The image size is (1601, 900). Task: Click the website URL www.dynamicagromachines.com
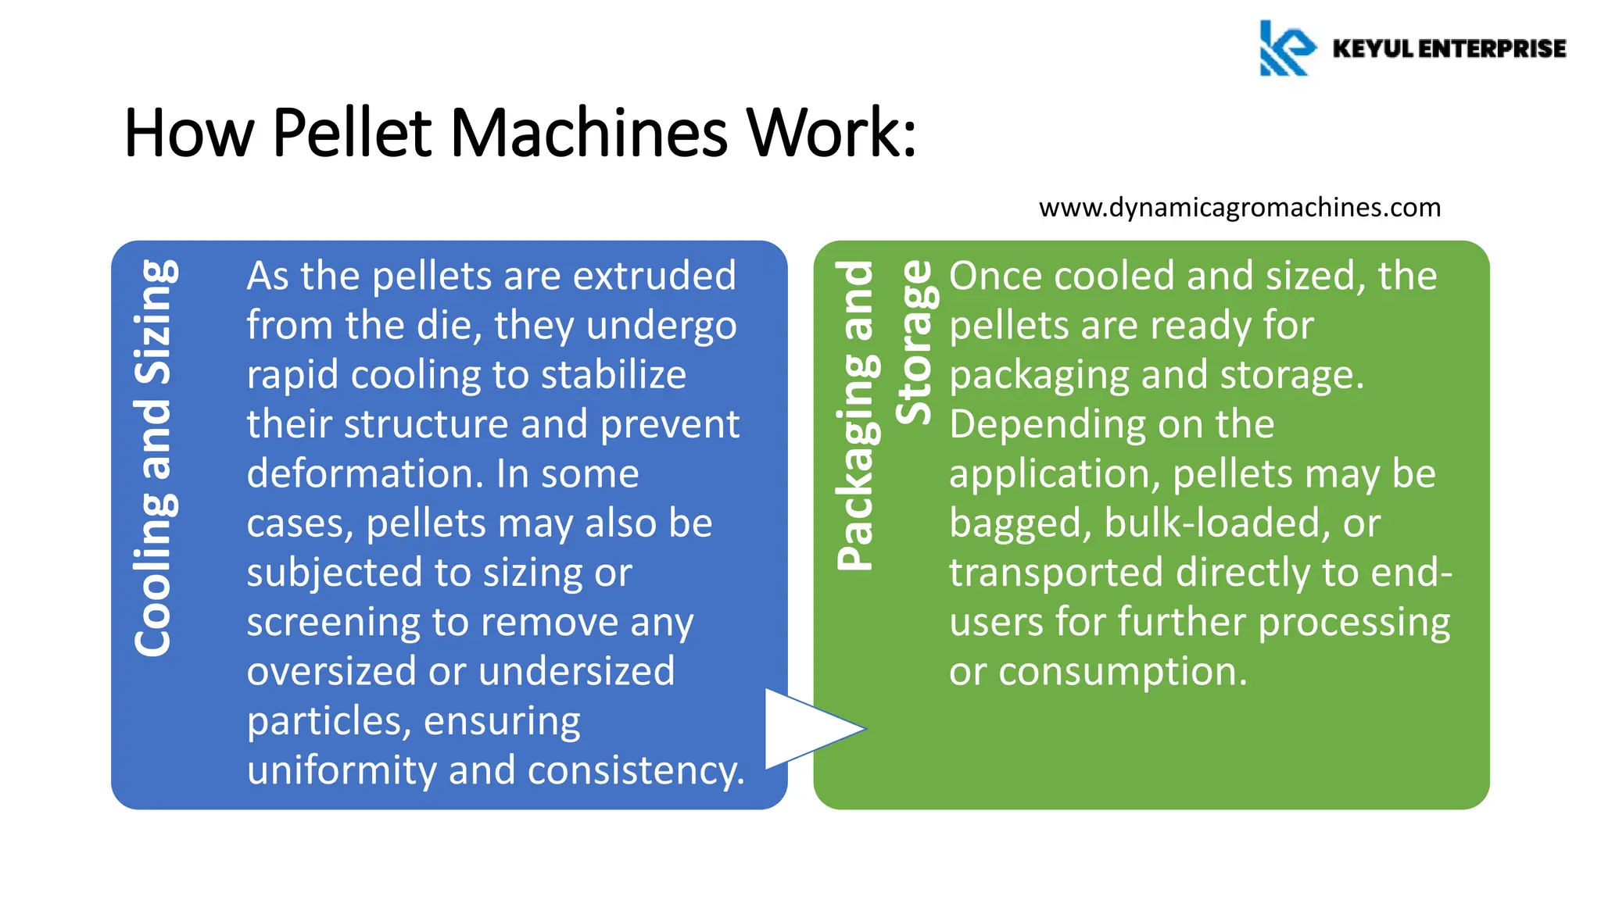1239,208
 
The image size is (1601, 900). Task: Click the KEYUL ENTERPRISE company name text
1449,48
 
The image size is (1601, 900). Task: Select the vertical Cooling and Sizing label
154,458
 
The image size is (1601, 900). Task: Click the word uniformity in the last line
340,771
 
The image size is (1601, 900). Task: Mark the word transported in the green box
1055,573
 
